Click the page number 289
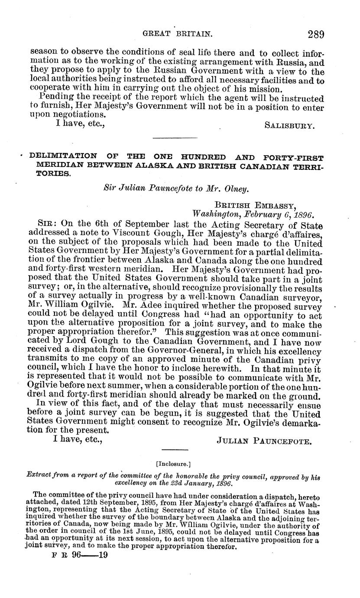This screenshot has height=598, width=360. click(x=315, y=35)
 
